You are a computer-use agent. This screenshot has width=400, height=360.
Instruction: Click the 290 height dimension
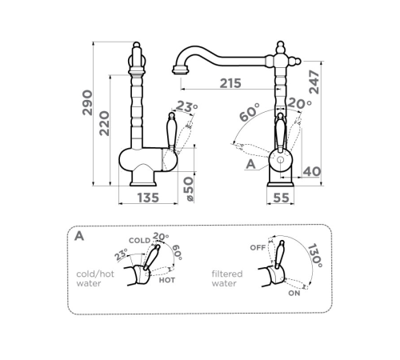[x=87, y=102]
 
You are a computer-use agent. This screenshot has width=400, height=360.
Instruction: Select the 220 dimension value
[x=104, y=123]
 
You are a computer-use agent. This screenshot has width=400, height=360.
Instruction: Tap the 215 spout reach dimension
[x=230, y=83]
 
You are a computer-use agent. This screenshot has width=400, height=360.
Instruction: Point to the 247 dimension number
[x=314, y=82]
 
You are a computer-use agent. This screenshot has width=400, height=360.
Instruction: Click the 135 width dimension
[x=148, y=198]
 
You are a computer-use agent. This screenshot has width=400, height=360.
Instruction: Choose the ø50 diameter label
[x=189, y=189]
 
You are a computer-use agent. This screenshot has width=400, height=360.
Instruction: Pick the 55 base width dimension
[x=281, y=198]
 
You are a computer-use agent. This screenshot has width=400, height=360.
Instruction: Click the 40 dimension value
[x=311, y=172]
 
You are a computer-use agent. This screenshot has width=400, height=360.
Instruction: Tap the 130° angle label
[x=315, y=255]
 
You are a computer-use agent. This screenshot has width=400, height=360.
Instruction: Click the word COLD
[x=140, y=241]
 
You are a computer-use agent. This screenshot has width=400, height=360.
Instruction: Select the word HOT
[x=167, y=280]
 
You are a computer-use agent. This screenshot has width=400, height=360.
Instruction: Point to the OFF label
[x=258, y=248]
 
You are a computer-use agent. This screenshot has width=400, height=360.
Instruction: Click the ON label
[x=294, y=294]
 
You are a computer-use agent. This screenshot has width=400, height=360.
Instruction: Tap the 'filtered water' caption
[x=227, y=278]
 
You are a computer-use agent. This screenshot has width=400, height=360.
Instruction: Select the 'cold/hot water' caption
[x=95, y=278]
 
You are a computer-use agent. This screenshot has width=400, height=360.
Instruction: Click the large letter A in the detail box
[x=79, y=236]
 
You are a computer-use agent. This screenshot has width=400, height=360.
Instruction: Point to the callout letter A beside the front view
[x=250, y=164]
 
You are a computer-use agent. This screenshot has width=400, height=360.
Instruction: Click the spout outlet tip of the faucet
[x=181, y=70]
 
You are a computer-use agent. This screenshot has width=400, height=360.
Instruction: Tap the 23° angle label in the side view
[x=186, y=106]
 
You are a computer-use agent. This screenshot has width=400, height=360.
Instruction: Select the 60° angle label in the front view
[x=250, y=112]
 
